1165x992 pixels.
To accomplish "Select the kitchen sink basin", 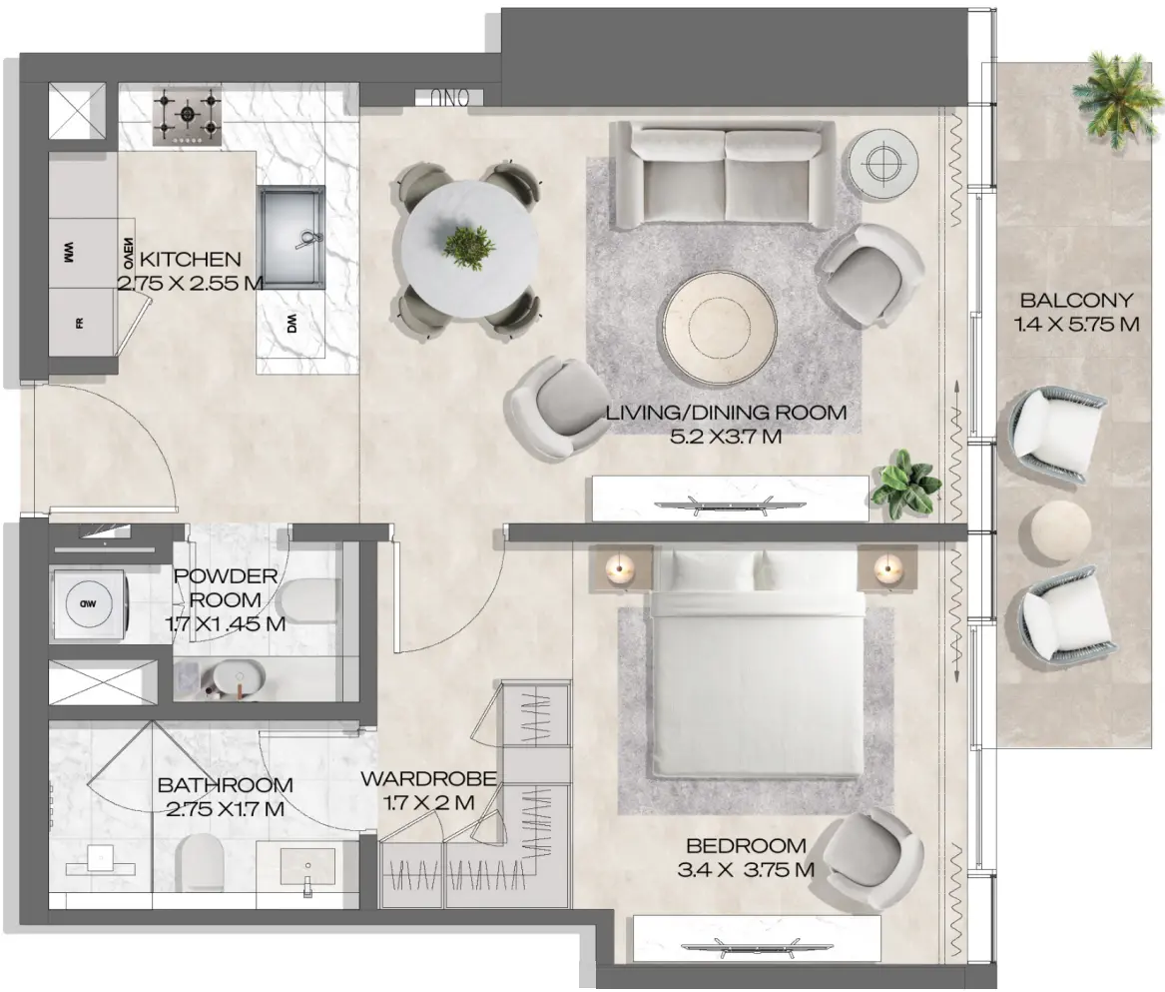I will coord(293,236).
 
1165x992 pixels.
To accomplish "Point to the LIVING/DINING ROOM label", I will coord(726,412).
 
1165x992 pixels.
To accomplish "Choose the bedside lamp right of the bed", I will coord(885,569).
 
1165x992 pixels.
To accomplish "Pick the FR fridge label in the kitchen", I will coord(78,323).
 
